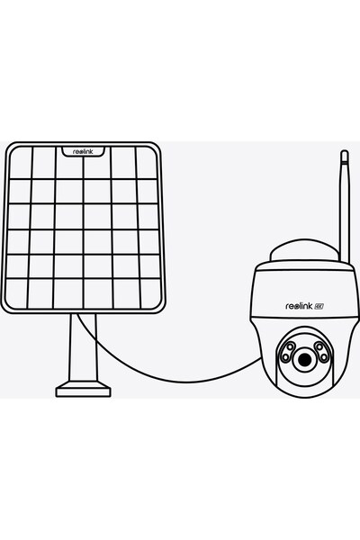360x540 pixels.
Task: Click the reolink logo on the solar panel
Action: pos(83,151)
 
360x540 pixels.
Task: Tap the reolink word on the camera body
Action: pos(299,306)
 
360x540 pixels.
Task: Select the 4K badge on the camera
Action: pos(319,306)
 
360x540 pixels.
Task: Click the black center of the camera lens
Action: pos(304,360)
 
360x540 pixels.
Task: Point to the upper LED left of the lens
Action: pos(291,346)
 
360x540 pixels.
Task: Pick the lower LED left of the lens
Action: pos(285,356)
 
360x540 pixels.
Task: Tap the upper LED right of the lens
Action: pos(319,346)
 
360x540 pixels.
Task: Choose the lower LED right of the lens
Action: pos(323,356)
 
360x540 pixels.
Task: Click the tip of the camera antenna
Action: pos(344,150)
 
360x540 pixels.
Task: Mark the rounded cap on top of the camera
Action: pos(304,248)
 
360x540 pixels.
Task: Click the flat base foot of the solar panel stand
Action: pos(83,390)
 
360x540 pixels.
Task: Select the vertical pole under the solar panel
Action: pos(83,347)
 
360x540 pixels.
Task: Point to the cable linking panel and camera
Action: pos(166,379)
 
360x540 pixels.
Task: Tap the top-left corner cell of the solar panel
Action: pos(21,163)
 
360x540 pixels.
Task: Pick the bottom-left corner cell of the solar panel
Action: pos(16,293)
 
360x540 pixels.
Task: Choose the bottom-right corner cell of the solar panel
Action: pos(151,293)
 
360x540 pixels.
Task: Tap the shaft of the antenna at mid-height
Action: pos(345,207)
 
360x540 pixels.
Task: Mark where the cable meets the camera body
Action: pos(262,358)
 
